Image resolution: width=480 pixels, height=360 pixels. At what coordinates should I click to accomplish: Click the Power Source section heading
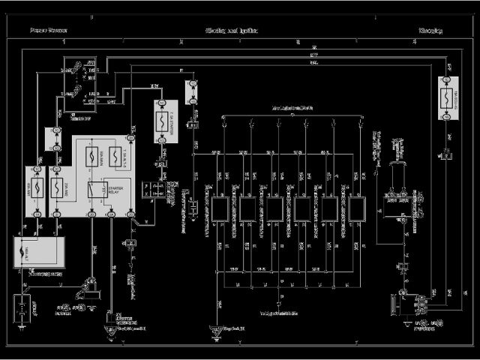point(48,31)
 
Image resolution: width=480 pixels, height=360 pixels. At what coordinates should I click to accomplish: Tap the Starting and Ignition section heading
point(232,31)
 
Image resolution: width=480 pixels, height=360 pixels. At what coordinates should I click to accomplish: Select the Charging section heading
point(430,31)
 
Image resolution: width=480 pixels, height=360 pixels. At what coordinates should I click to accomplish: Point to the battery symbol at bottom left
point(25,307)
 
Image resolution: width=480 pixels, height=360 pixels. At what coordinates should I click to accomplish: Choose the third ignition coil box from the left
point(275,208)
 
